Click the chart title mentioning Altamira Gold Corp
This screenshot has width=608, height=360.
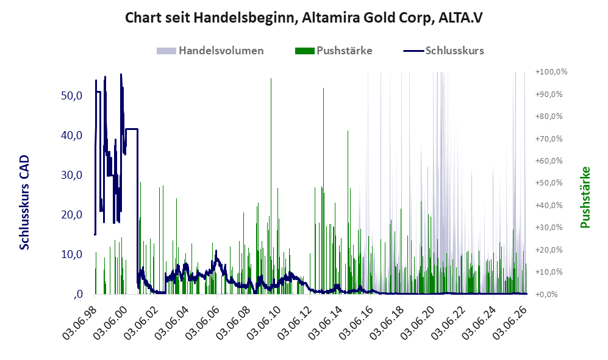304,18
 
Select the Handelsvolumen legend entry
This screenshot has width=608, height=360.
210,51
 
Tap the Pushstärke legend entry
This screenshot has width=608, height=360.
334,51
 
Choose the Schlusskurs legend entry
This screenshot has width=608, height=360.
443,51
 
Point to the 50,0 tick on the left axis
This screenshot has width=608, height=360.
72,95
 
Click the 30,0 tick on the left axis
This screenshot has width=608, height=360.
72,175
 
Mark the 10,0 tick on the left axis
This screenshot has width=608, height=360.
72,254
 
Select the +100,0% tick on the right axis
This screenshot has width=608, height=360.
551,72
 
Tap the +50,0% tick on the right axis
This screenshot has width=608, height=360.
549,182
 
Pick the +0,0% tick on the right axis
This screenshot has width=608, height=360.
547,294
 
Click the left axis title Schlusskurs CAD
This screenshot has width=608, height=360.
24,203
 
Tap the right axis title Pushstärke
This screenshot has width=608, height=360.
585,198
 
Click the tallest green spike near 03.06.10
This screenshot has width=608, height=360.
271,186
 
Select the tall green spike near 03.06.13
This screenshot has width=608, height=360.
323,191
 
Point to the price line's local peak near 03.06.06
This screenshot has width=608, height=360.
216,251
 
